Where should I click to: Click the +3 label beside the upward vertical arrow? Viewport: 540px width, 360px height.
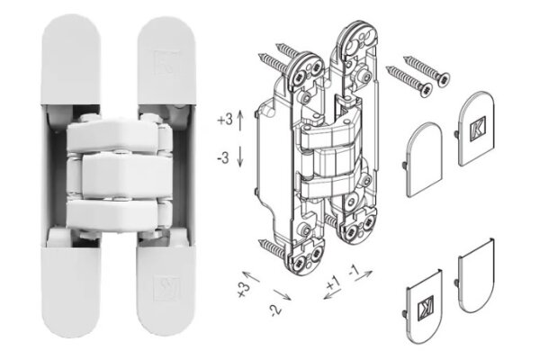[x=226, y=119]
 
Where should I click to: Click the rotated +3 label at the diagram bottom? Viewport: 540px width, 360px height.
[x=241, y=288]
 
